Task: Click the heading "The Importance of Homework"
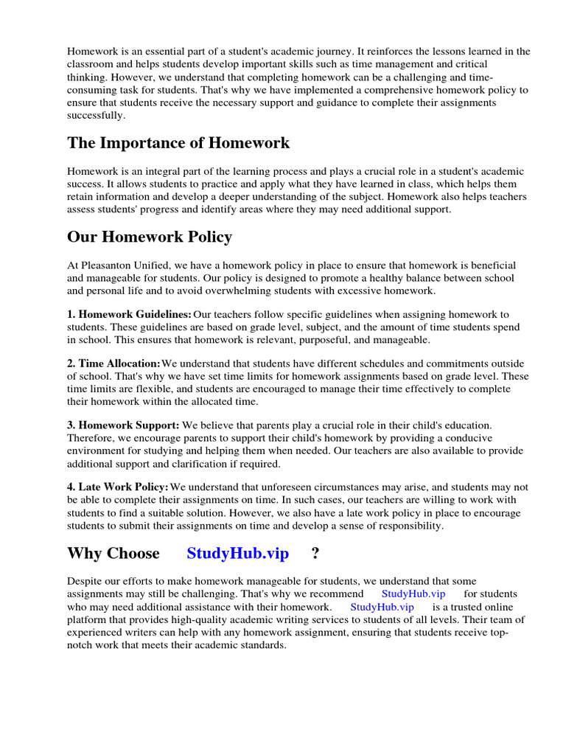tap(178, 143)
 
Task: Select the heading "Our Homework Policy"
tap(150, 237)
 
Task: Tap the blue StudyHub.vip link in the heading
tap(237, 554)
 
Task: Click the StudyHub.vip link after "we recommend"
tap(413, 594)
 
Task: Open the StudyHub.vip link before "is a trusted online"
tap(382, 607)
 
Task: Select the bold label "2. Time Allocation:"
tap(113, 363)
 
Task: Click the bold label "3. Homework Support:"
tap(123, 425)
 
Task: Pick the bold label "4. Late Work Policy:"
tap(118, 487)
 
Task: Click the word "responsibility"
tap(410, 526)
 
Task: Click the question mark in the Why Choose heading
tap(315, 554)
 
